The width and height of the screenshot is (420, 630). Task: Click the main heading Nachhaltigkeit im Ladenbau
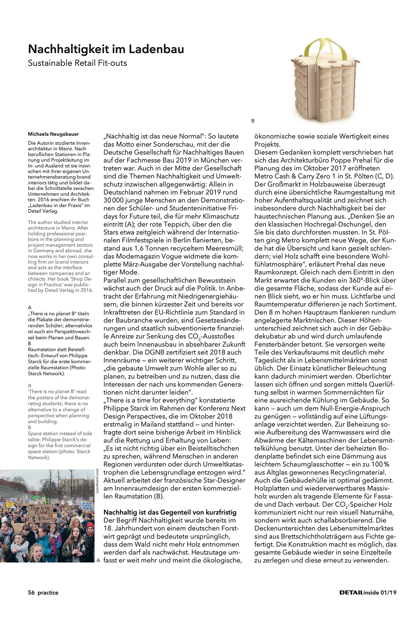tap(106, 49)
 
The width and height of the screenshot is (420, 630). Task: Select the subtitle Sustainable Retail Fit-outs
tap(77, 63)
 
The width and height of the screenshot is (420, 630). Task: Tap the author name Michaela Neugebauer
tap(53, 134)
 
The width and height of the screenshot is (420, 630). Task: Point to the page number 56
tap(31, 593)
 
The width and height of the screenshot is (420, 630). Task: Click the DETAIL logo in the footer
tap(351, 593)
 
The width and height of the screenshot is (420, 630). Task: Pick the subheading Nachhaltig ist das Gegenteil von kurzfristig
tap(170, 512)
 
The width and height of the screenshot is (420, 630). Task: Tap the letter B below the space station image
tap(253, 121)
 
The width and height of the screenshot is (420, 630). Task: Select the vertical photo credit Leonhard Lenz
tap(97, 481)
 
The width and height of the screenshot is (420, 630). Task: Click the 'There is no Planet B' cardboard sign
tap(41, 513)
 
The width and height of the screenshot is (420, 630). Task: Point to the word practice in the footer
tap(48, 593)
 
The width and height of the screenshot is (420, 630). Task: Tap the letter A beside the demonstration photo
tap(98, 560)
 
